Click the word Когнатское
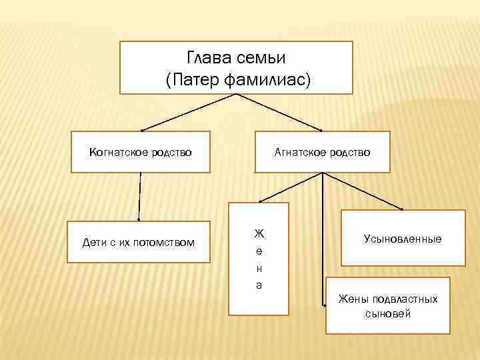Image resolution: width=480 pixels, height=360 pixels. [118, 153]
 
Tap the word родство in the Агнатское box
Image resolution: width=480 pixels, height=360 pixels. [349, 153]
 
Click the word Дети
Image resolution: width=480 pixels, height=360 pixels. [93, 242]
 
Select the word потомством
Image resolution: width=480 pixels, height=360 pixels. [165, 242]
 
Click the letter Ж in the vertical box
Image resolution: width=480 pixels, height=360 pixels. [259, 234]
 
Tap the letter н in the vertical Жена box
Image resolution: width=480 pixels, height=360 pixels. [259, 268]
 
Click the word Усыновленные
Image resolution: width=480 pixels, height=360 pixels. [403, 238]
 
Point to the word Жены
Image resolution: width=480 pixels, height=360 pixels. [352, 299]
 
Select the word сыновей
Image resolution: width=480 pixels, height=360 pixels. [388, 313]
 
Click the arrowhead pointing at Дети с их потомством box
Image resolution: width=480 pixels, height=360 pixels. [139, 217]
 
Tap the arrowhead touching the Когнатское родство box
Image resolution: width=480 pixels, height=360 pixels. [143, 129]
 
